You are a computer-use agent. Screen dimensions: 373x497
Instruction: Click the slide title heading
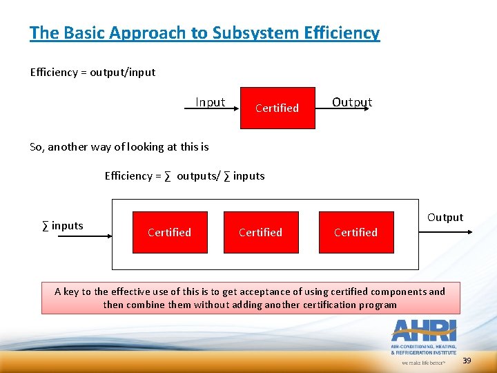pos(204,32)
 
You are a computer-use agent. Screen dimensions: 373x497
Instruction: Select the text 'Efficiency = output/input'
pos(92,72)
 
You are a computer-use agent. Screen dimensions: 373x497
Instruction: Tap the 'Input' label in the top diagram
pos(210,102)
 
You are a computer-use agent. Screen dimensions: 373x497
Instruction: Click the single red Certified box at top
pos(277,108)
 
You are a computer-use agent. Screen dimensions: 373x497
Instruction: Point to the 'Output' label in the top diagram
pos(352,102)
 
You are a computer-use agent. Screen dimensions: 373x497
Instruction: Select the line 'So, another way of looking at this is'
pos(119,146)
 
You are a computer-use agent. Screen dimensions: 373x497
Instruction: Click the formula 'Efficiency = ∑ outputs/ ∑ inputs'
pos(184,175)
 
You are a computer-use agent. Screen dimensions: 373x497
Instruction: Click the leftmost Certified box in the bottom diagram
pos(169,232)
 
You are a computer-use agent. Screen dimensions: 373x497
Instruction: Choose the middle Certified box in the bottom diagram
pos(260,232)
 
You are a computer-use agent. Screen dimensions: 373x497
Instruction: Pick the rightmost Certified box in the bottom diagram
pos(355,232)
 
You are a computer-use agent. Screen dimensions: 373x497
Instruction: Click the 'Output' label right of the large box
pos(445,218)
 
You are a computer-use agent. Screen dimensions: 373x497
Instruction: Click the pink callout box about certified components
pos(250,298)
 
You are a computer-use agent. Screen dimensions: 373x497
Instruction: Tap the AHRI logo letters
pos(422,330)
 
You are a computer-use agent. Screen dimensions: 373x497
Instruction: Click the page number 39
pos(467,361)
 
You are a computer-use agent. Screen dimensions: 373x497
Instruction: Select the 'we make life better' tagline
pos(422,361)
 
